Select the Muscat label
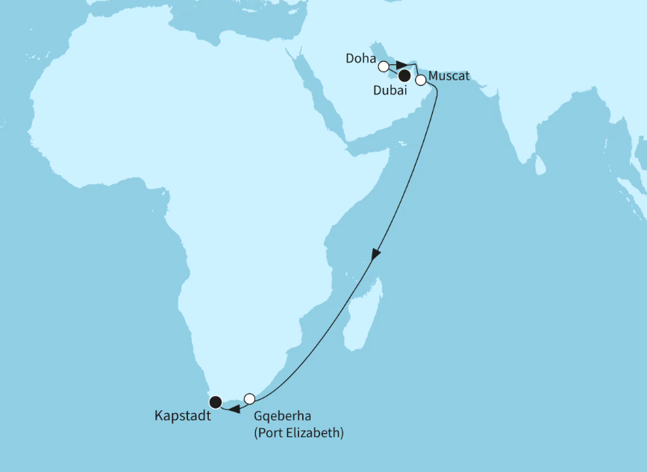449,77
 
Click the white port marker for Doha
384,66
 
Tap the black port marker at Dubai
404,75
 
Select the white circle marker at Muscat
421,80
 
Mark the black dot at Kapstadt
216,402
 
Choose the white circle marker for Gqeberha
250,398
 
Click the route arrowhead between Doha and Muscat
401,65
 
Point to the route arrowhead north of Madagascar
376,254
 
